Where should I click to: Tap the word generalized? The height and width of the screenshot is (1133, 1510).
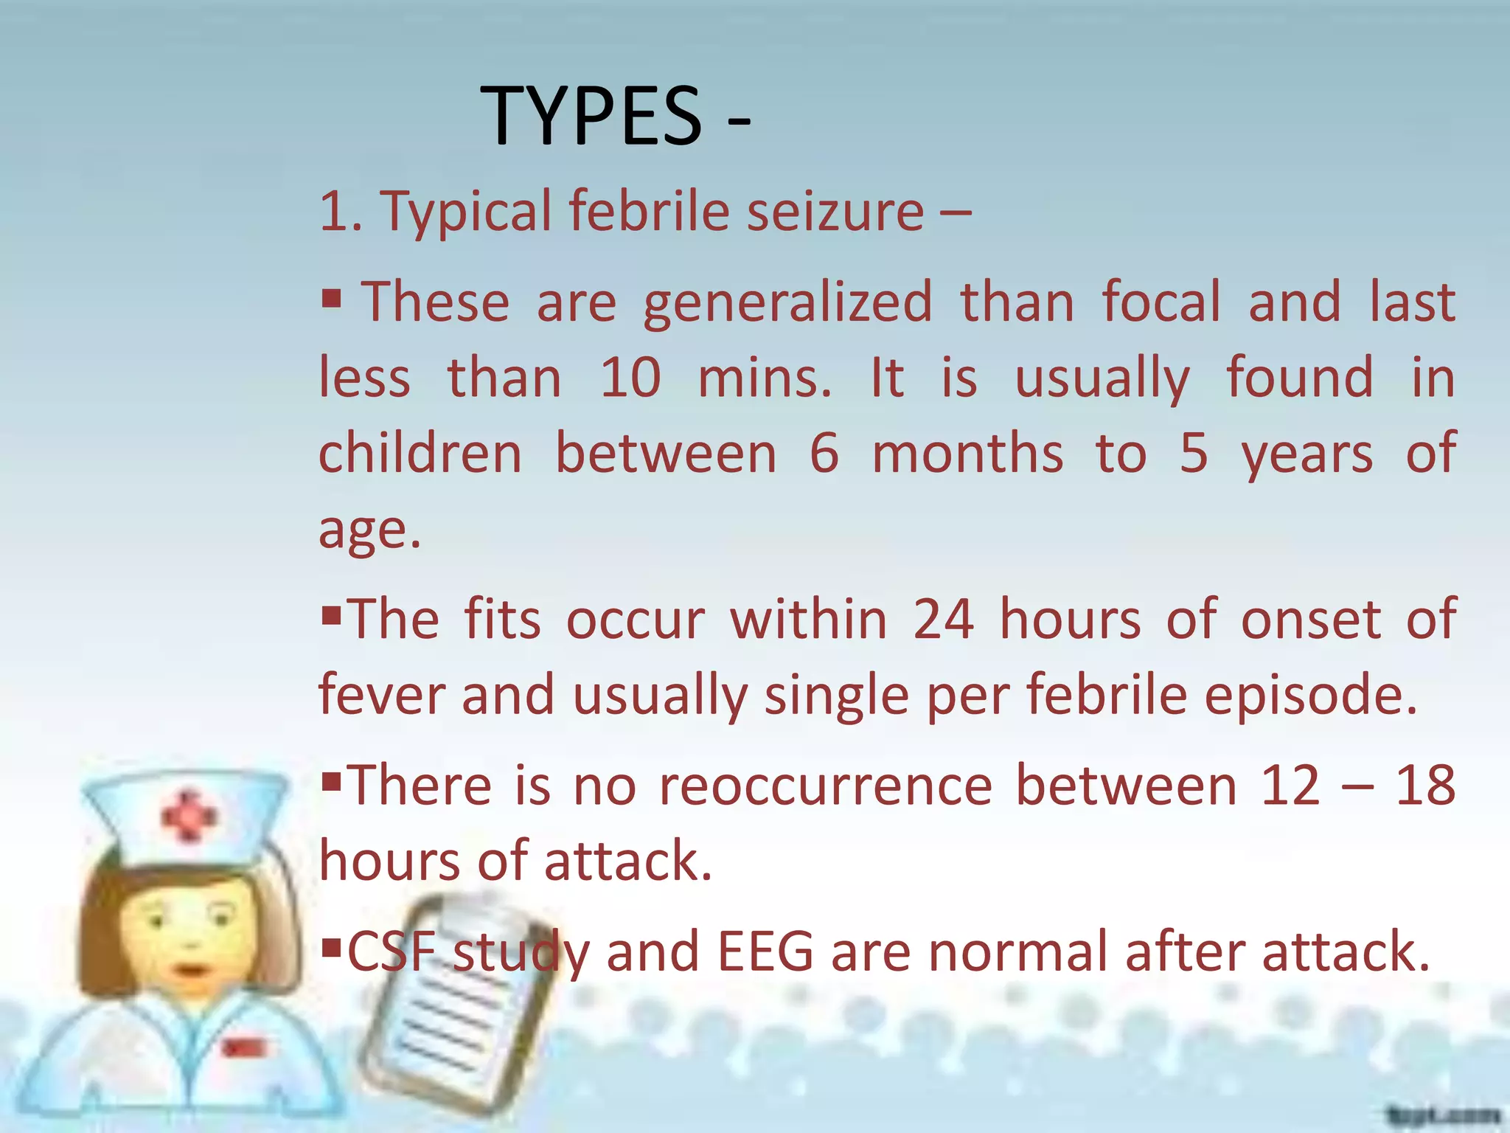coord(787,303)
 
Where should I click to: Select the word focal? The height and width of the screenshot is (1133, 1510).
coord(1161,302)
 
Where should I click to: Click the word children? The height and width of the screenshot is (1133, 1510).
coord(420,453)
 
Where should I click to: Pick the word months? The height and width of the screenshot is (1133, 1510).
coord(967,453)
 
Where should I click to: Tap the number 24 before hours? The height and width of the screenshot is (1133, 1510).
coord(943,619)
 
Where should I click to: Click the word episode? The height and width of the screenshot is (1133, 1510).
coord(1310,696)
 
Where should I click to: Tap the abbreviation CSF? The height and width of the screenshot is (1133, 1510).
coord(391,952)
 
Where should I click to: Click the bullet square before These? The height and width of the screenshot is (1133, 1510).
coord(332,298)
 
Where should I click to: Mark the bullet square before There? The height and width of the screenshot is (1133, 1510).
coord(332,779)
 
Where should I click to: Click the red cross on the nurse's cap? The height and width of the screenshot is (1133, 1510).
coord(189,816)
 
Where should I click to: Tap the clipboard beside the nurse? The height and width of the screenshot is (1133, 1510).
coord(457,1018)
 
